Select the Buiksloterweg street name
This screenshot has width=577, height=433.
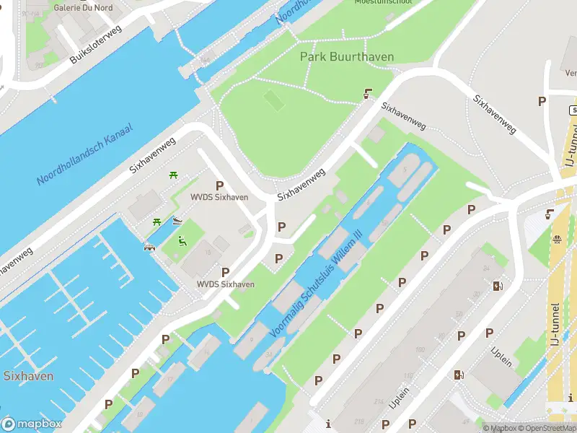coord(96,45)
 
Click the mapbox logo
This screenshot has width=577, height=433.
coord(31,424)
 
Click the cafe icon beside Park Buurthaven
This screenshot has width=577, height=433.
coord(369,93)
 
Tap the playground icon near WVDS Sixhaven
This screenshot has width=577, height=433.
coord(182,241)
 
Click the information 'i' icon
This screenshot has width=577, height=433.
coord(328,423)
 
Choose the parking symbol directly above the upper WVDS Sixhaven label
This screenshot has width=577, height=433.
coord(219,185)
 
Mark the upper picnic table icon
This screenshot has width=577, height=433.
coord(174,175)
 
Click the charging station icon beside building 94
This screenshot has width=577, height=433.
coord(497,286)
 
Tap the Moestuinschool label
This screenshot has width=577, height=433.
coord(383,2)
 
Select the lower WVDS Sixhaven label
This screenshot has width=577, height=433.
coord(226,284)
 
